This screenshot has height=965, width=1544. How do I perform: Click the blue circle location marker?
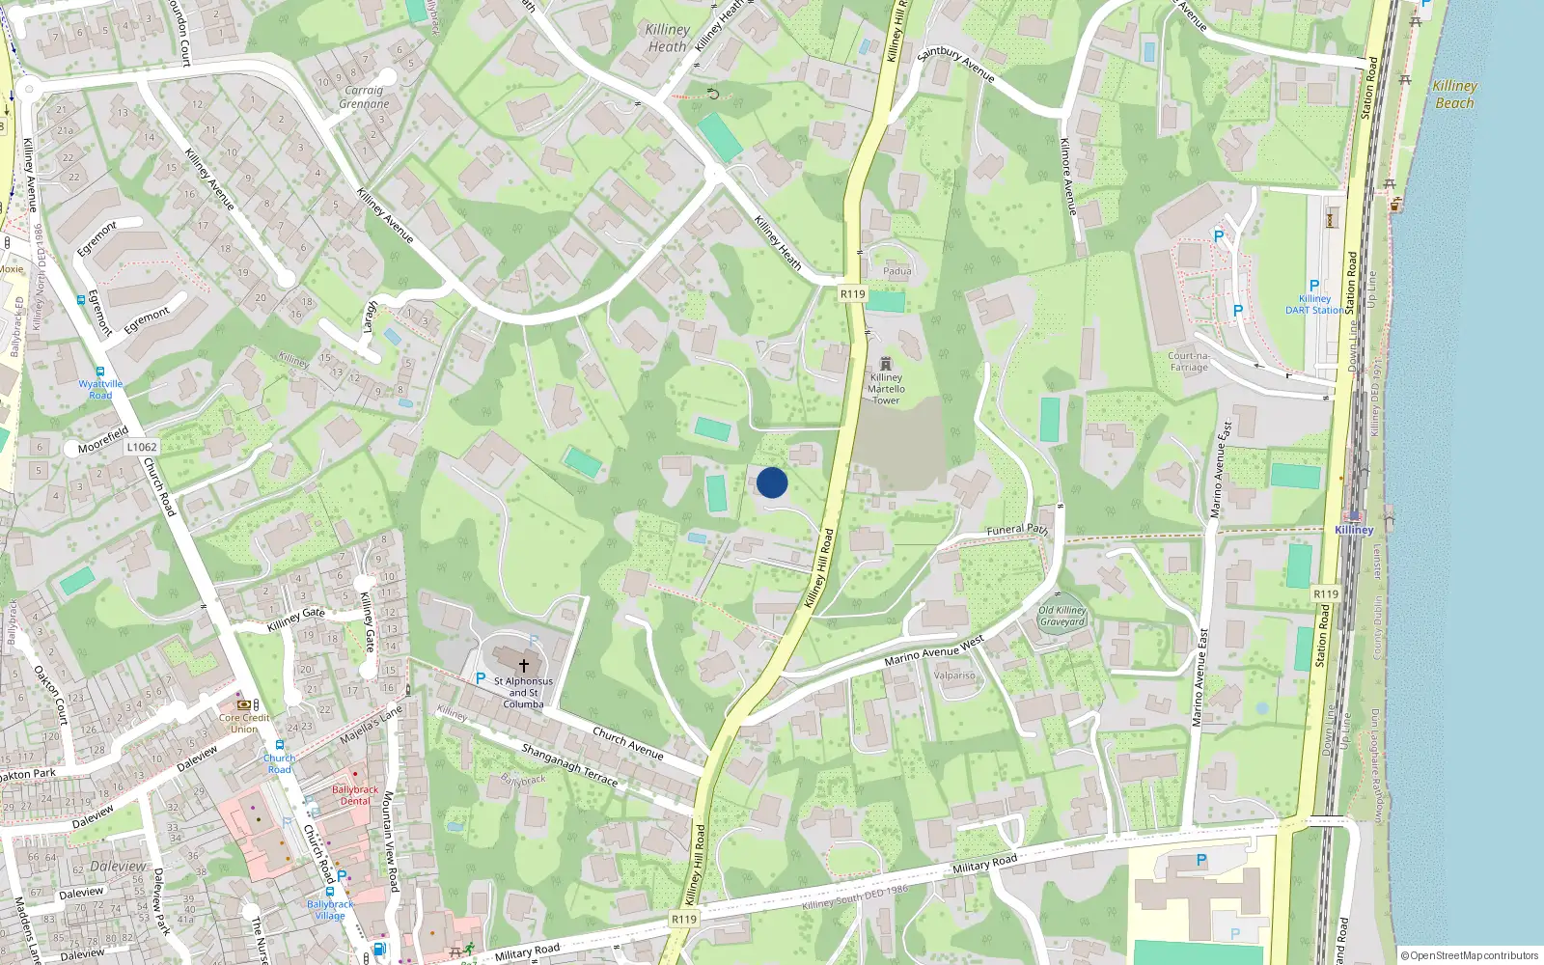coord(772,482)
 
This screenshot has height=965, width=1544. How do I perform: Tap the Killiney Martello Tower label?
coord(886,389)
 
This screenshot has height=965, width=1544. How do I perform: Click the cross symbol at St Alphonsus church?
coord(524,665)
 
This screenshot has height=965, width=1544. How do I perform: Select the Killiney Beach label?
coord(1454,95)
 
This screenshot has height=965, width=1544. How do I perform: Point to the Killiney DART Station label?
coord(1314,305)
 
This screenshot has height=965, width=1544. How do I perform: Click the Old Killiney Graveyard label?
coord(1062,616)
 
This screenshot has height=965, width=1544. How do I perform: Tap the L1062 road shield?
coord(142,447)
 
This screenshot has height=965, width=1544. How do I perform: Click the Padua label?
coord(896,271)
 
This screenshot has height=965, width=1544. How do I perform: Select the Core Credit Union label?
coord(244,723)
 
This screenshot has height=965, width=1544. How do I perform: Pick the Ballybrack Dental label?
coord(355,795)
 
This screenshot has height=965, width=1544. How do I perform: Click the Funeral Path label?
coord(1017,530)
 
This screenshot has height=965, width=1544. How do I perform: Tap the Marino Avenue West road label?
coord(934,651)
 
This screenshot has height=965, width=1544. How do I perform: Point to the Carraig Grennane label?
coord(364,96)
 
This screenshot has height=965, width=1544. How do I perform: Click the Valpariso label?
coord(954,675)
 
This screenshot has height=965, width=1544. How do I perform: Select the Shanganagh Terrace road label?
coord(569,763)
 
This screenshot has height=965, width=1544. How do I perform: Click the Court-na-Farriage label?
coord(1189,361)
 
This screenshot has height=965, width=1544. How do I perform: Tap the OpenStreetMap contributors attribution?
coord(1470,956)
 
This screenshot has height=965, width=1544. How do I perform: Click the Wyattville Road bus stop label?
coord(100,389)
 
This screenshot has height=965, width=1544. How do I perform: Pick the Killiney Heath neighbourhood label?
coord(668,38)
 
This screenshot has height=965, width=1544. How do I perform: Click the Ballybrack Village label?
coord(330,910)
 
